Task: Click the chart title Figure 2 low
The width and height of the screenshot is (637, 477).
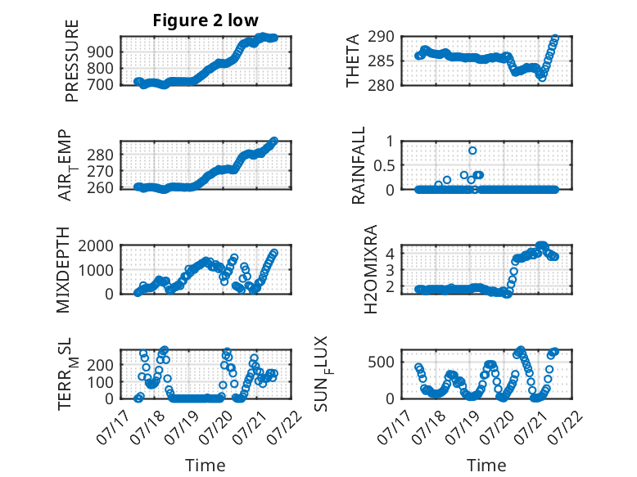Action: [x=206, y=20]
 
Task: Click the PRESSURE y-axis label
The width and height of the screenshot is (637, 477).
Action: [x=71, y=61]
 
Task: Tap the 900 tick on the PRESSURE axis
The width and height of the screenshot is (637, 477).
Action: [x=102, y=52]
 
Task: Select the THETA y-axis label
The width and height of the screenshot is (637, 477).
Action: [x=353, y=61]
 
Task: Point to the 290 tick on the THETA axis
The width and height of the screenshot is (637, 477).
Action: [x=382, y=37]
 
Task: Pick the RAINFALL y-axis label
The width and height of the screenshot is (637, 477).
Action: [x=359, y=165]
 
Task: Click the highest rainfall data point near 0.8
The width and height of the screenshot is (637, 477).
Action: [x=472, y=151]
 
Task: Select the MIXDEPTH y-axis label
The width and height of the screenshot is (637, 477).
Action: [x=63, y=270]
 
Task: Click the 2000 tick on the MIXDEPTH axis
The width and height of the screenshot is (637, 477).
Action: [x=96, y=245]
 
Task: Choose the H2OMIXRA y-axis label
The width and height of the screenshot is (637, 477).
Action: [x=371, y=269]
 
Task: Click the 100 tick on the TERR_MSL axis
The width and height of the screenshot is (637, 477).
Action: [x=102, y=382]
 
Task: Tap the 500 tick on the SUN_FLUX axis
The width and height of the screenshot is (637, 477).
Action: [x=382, y=362]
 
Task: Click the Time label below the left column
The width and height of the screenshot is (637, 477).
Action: [x=206, y=465]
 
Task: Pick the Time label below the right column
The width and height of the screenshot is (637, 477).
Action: [x=486, y=465]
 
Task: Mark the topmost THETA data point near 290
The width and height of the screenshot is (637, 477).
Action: [x=555, y=38]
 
